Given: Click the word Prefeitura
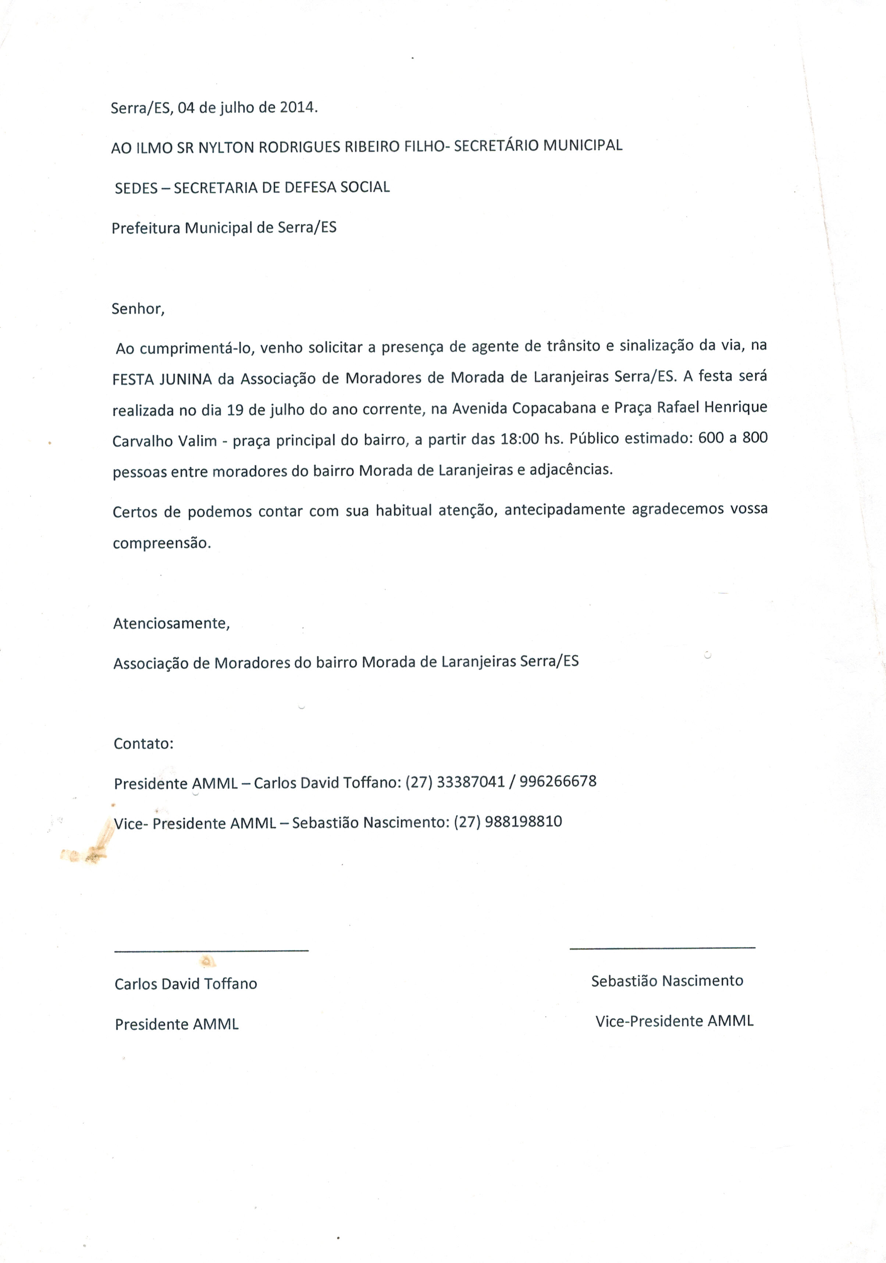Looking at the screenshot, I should pos(146,228).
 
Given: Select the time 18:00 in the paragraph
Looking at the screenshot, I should pos(519,439).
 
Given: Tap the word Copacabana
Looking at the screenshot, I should pos(554,408).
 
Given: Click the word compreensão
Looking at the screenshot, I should pos(161,544).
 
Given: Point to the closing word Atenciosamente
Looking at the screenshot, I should pos(171,624).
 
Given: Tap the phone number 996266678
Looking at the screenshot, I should pos(558,781).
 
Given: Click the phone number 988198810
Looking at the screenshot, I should pos(523,822).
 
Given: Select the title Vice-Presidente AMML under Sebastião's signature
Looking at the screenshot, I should pos(674,1021).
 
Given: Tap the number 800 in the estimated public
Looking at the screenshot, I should pos(754,438).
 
